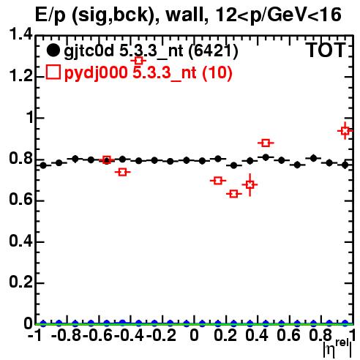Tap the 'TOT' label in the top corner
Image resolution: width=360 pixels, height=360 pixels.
(x=326, y=50)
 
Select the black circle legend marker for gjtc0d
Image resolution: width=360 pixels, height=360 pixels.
(x=53, y=50)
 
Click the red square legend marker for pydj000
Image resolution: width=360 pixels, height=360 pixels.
(x=53, y=72)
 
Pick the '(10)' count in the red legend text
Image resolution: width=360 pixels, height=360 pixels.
(x=217, y=72)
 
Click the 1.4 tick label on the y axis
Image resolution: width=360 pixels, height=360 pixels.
(x=20, y=34)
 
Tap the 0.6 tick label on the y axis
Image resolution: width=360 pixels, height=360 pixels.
(x=20, y=200)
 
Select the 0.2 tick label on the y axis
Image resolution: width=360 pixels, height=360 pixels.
(x=20, y=282)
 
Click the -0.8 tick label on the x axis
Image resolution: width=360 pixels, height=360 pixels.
(x=67, y=335)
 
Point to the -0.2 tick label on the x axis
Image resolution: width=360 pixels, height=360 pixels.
(x=161, y=335)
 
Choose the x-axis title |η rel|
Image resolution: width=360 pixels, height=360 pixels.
(x=337, y=348)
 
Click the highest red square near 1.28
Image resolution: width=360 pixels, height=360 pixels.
(x=138, y=60)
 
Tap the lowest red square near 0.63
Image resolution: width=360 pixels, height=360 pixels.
(x=233, y=194)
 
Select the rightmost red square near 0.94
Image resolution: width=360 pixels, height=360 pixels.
(x=345, y=131)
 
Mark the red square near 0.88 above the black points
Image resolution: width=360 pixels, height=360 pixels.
(x=266, y=143)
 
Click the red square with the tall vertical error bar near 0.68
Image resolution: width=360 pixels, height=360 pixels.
(x=250, y=184)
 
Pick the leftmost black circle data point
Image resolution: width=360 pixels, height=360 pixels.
(x=43, y=165)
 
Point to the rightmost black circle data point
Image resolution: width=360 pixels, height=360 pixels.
(x=345, y=165)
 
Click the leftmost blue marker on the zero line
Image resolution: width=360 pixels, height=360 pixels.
(x=43, y=323)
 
